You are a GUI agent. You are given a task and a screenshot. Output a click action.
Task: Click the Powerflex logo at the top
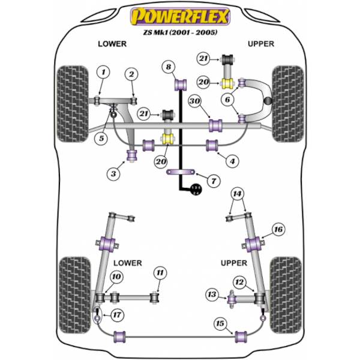point(180,17)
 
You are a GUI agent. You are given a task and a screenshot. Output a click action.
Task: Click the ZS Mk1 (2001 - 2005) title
point(180,32)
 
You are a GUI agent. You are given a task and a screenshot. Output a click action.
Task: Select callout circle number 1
point(103,73)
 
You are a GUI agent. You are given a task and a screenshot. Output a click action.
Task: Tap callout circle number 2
point(131,74)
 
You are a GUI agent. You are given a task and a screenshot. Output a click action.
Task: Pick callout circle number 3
point(112,173)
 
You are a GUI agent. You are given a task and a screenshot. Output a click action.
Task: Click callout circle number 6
point(228,101)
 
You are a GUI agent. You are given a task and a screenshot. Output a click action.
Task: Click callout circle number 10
point(116,277)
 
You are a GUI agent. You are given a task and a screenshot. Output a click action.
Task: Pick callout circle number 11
point(158,274)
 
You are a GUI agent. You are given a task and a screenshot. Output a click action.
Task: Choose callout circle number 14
point(238,193)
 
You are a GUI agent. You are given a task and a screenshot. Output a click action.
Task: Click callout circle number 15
point(220,324)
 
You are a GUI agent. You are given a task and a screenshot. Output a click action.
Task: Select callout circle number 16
point(278,229)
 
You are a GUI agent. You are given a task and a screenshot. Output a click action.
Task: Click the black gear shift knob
point(195,190)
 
